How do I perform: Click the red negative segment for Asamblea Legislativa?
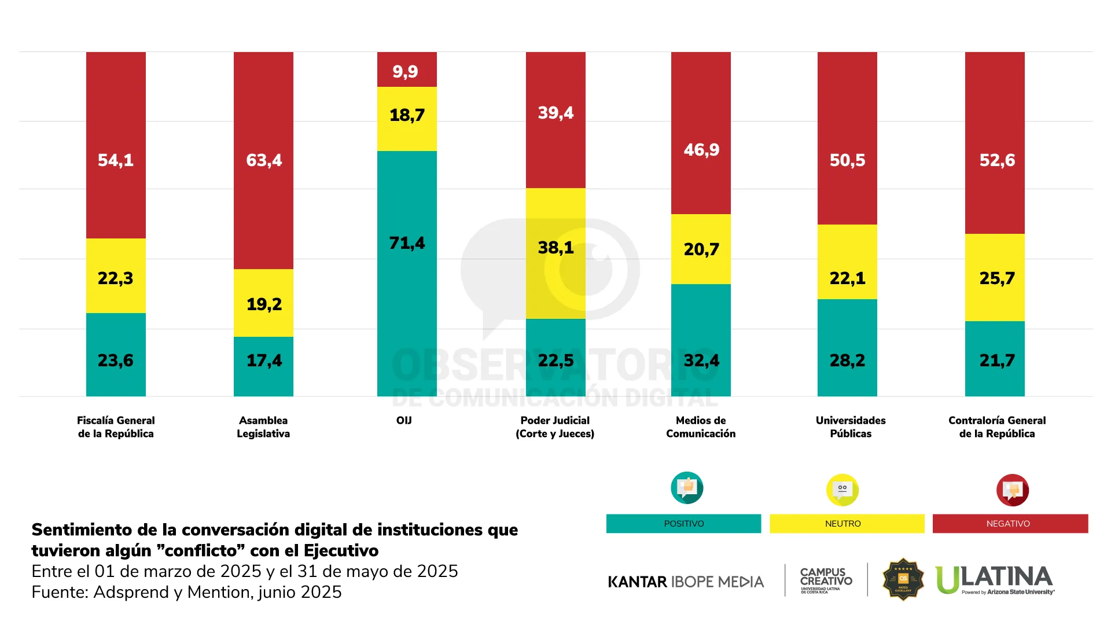pyautogui.click(x=263, y=160)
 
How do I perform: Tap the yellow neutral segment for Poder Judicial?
pyautogui.click(x=555, y=253)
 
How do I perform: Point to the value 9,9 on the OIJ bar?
pyautogui.click(x=405, y=71)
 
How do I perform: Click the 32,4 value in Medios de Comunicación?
pyautogui.click(x=701, y=361)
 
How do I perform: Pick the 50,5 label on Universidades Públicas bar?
pyautogui.click(x=847, y=160)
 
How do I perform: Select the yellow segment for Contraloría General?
pyautogui.click(x=995, y=277)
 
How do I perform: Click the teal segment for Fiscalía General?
pyautogui.click(x=116, y=355)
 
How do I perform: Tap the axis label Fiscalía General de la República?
pyautogui.click(x=116, y=427)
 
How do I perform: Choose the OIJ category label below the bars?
pyautogui.click(x=404, y=421)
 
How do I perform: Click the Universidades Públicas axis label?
pyautogui.click(x=851, y=427)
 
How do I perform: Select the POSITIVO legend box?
pyautogui.click(x=683, y=524)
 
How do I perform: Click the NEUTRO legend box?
pyautogui.click(x=847, y=524)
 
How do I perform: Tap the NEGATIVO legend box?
pyautogui.click(x=1010, y=524)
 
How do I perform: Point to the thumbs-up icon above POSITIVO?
pyautogui.click(x=687, y=488)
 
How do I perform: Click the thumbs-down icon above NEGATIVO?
pyautogui.click(x=1012, y=490)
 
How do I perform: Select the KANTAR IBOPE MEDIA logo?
pyautogui.click(x=686, y=582)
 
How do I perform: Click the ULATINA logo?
pyautogui.click(x=994, y=580)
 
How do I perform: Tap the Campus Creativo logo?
pyautogui.click(x=826, y=580)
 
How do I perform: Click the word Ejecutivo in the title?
pyautogui.click(x=341, y=550)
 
